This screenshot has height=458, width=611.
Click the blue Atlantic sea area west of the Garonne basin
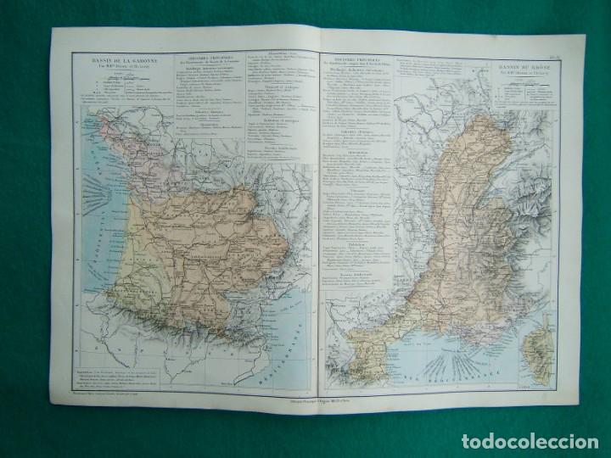pyautogui.click(x=93, y=195)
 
